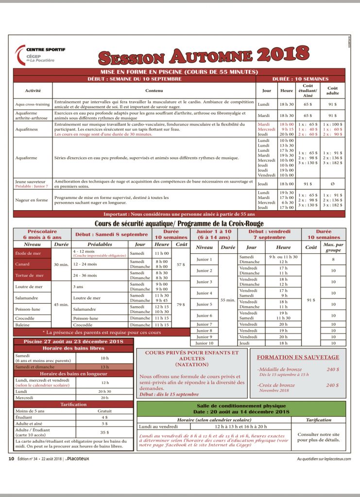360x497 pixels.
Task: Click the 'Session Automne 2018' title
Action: coord(204,55)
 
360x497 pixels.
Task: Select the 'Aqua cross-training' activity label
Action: coord(33,104)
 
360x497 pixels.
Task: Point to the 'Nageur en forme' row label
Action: coord(32,199)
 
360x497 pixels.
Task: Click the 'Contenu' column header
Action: coord(154,90)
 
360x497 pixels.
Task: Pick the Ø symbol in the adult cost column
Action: coord(332,184)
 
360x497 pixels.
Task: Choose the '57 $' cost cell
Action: coord(181,265)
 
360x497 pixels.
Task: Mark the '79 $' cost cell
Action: coord(181,305)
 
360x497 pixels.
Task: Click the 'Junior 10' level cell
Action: coord(204,343)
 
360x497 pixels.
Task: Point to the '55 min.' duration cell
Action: coord(228,299)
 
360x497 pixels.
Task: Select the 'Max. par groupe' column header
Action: coord(333,248)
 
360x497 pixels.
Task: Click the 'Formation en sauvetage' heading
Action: coord(298,357)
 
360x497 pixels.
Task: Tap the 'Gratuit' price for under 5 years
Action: coord(104,411)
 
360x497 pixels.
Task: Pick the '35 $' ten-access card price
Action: coord(104,431)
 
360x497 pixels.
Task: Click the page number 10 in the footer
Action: coord(11,458)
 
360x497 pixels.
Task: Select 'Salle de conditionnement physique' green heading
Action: coord(241,405)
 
